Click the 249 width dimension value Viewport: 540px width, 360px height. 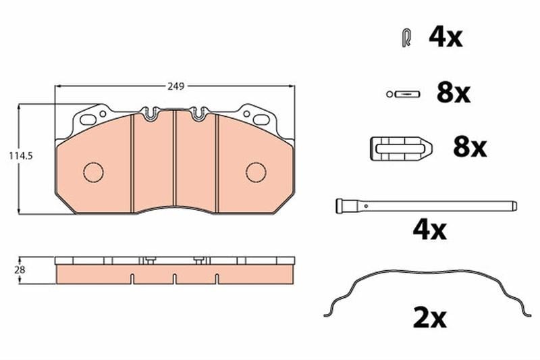[176, 86]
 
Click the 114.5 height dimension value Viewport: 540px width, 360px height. [21, 156]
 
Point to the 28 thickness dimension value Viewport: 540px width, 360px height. [20, 269]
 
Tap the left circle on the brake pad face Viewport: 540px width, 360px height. [93, 172]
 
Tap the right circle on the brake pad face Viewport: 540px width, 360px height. [256, 172]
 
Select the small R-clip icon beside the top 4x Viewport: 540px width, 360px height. [406, 38]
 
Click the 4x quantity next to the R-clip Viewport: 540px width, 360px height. [446, 37]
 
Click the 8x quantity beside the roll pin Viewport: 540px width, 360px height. [454, 93]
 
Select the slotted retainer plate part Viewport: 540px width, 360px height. [401, 149]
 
